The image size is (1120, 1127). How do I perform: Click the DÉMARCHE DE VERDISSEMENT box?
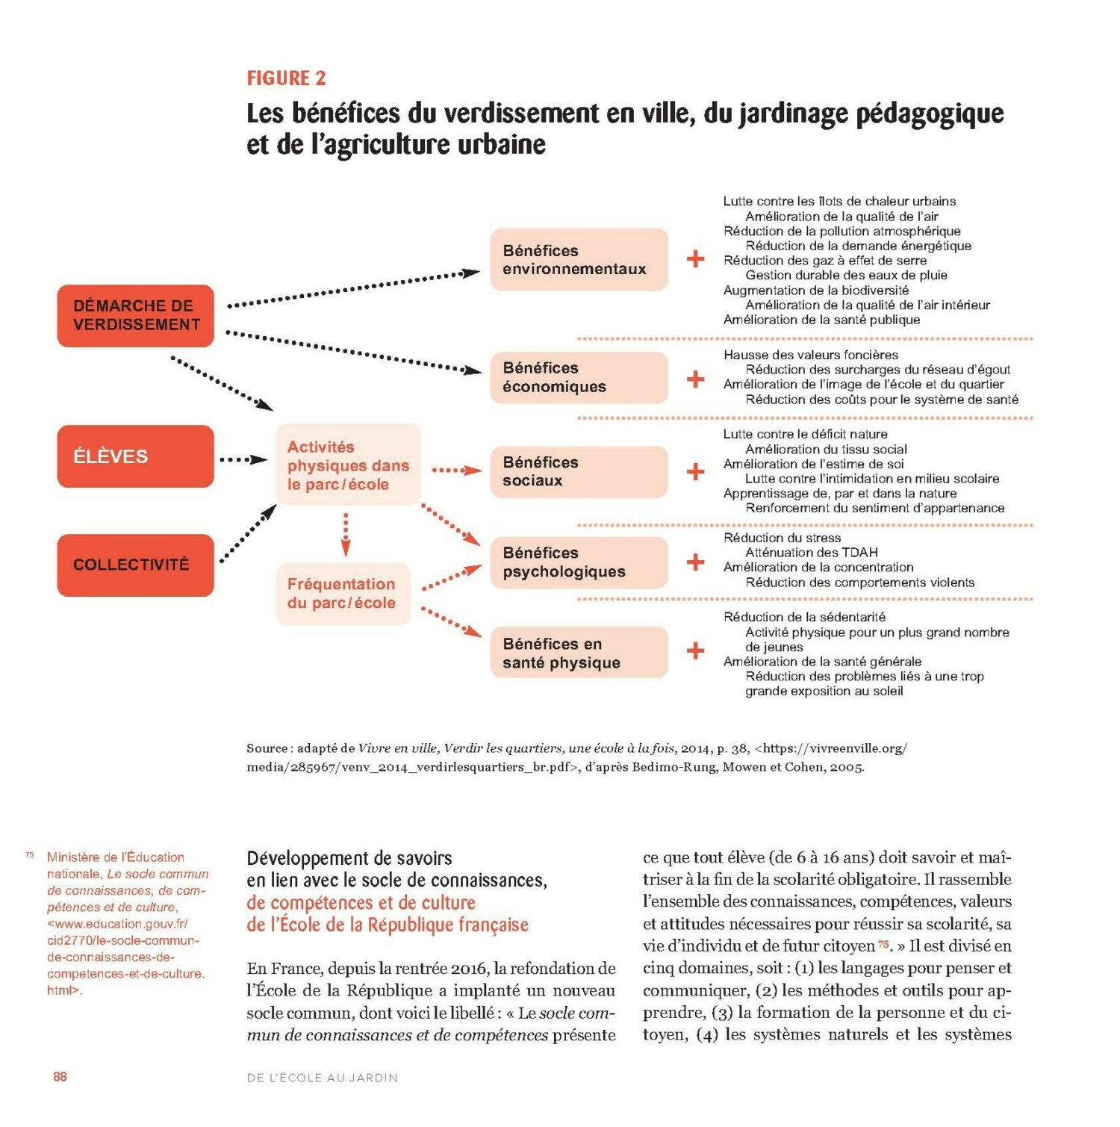pos(136,315)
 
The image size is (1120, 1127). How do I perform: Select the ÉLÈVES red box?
pos(136,456)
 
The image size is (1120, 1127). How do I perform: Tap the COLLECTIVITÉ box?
pos(136,565)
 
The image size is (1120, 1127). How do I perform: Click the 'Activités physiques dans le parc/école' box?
pos(348,465)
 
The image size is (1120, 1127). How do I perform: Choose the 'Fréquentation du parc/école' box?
pos(343,594)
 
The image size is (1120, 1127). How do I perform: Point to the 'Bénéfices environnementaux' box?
pos(579,260)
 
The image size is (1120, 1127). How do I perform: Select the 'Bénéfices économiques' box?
pos(579,377)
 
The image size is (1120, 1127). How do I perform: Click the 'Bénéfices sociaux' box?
pos(579,471)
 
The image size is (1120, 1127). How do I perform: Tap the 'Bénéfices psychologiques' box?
pos(579,562)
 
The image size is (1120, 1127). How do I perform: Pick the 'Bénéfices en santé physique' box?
pos(579,653)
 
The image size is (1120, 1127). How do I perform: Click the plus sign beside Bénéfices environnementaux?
pos(695,259)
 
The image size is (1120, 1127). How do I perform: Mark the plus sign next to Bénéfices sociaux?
pos(695,471)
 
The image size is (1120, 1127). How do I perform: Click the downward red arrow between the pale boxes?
pos(346,534)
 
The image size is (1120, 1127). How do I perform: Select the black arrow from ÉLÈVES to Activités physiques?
pos(243,459)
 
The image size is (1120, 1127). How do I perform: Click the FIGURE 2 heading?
pos(286,78)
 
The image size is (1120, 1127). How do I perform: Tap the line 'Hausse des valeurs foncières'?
pos(810,355)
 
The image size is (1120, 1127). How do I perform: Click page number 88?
pos(60,1076)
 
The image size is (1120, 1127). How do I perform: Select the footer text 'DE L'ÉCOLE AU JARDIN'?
pos(322,1078)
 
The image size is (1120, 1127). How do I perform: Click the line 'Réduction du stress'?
pos(782,538)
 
